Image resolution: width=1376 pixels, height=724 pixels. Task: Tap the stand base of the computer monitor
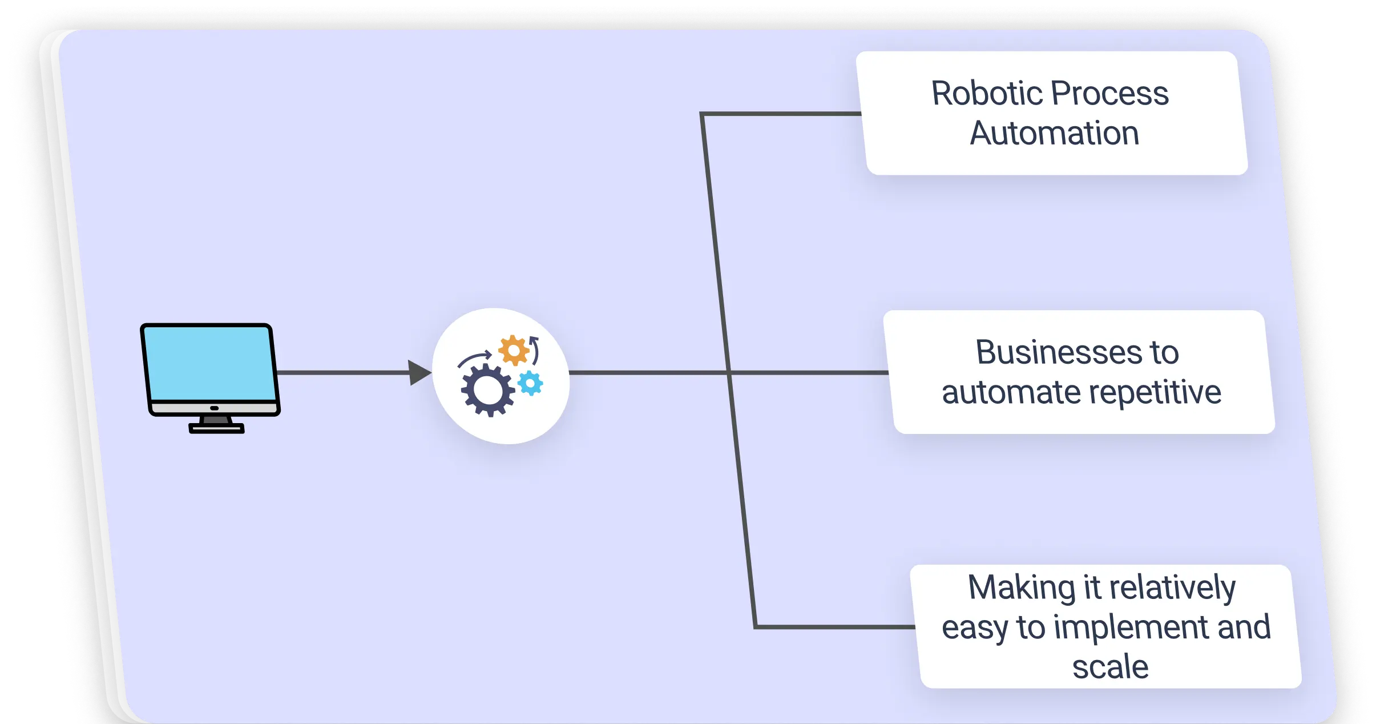216,428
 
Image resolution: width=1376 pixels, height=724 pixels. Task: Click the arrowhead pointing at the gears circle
419,373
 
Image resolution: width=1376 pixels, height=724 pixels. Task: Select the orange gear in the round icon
513,350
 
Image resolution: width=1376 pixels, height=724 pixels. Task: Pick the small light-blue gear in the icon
531,383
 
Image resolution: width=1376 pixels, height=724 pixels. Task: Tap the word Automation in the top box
1054,133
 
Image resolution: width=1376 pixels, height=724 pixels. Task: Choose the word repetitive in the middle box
1155,392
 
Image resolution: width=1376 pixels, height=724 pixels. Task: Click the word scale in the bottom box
1110,667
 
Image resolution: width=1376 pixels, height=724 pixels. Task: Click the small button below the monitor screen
214,408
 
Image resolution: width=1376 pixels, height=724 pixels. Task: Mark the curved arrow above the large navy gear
474,359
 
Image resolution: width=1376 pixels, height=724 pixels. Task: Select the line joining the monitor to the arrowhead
342,373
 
